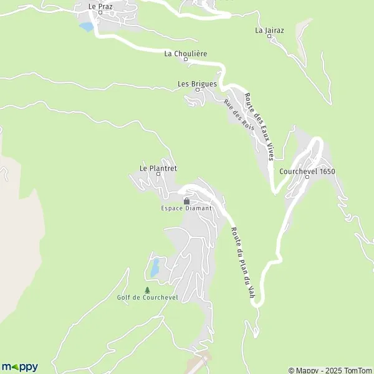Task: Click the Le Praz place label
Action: (x=100, y=5)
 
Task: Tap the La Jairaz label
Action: (x=269, y=29)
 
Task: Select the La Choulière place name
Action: (x=186, y=54)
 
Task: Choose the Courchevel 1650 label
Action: (x=307, y=170)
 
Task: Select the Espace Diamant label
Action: (x=186, y=208)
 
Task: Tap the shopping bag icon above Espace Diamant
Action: (x=186, y=201)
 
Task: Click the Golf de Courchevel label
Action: (x=147, y=297)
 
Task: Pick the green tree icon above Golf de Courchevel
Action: (x=147, y=290)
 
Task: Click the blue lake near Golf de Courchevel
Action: (x=153, y=268)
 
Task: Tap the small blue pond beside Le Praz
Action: (x=85, y=27)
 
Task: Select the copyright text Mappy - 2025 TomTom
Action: (x=330, y=370)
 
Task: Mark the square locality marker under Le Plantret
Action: (x=158, y=174)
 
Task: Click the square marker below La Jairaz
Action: (x=269, y=36)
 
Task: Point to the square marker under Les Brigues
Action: (x=198, y=90)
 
